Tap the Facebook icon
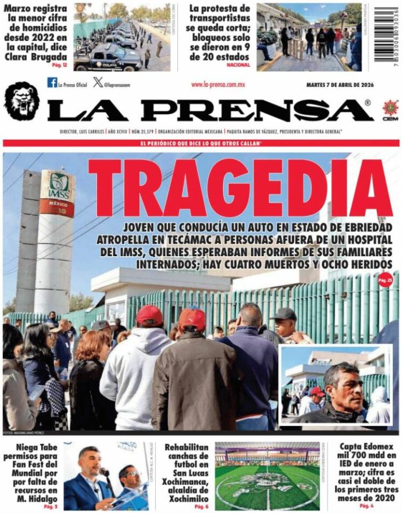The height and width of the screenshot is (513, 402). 52,83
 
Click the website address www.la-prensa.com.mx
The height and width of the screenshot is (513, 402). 217,84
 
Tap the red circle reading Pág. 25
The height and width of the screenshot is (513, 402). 385,279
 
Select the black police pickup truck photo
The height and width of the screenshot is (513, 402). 121,37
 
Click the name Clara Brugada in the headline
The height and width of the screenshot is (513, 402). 34,57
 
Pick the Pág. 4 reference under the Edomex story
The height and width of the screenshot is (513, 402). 366,505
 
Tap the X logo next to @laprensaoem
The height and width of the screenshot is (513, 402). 98,83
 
